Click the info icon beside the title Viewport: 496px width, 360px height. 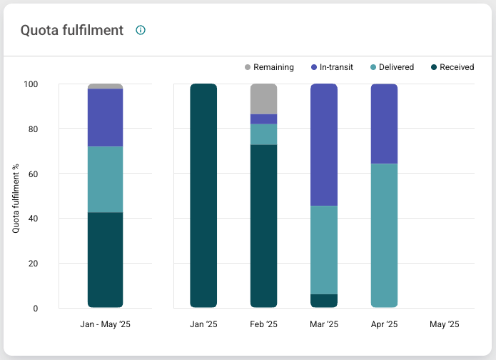click(x=141, y=30)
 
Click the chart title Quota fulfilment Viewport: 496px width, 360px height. click(x=72, y=30)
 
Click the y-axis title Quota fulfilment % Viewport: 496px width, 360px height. click(x=16, y=196)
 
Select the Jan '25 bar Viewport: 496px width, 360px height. click(x=203, y=196)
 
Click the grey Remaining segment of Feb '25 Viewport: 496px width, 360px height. click(x=263, y=99)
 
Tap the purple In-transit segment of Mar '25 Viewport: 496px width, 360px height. click(x=324, y=144)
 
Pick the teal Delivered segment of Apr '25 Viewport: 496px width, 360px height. click(x=384, y=236)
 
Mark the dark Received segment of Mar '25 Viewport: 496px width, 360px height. click(x=324, y=301)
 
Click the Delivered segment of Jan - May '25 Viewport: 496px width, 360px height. click(x=106, y=179)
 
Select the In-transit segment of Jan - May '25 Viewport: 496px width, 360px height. click(x=106, y=117)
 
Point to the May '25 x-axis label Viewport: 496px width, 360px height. click(x=444, y=324)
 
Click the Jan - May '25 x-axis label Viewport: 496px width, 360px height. click(x=106, y=324)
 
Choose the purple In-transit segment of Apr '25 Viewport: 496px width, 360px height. click(x=384, y=124)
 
